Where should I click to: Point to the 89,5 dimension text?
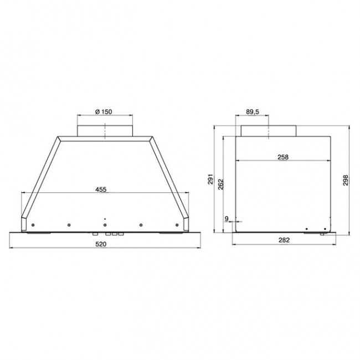253,112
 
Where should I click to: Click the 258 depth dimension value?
282,157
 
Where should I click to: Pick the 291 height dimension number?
211,181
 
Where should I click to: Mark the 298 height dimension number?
346,181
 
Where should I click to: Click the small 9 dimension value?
227,219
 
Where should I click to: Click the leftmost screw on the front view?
34,224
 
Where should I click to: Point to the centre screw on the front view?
104,225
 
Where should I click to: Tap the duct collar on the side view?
269,130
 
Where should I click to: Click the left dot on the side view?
307,228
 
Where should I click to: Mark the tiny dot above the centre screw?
104,219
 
